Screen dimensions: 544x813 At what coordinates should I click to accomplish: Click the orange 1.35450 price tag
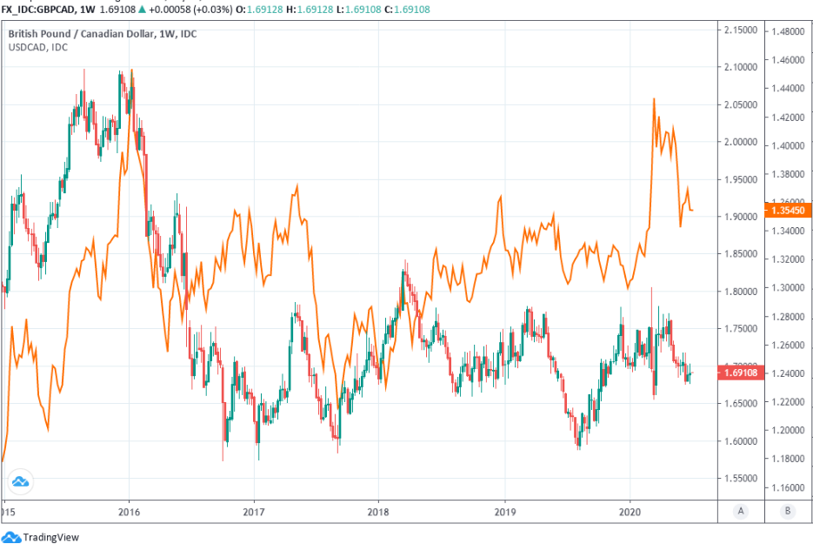(x=784, y=211)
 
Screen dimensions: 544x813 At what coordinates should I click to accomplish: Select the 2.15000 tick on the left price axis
(x=742, y=30)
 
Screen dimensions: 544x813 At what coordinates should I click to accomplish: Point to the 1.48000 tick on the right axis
(x=785, y=30)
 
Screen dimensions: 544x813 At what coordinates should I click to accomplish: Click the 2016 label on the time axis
(x=129, y=512)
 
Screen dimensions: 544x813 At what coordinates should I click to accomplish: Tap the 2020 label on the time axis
(x=629, y=512)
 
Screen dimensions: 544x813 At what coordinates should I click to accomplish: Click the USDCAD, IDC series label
(x=38, y=47)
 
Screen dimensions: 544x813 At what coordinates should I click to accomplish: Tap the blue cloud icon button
(x=19, y=481)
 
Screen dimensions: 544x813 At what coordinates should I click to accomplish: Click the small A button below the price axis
(x=741, y=512)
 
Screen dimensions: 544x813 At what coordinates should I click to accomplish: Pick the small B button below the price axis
(x=786, y=512)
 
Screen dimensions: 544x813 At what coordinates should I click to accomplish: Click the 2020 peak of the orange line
(x=654, y=99)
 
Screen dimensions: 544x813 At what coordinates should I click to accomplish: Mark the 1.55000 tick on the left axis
(x=742, y=478)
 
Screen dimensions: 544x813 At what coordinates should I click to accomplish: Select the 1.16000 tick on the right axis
(x=785, y=487)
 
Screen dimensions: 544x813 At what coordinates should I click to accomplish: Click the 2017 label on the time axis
(x=254, y=512)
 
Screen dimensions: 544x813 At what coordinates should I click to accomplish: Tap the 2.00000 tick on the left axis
(x=742, y=142)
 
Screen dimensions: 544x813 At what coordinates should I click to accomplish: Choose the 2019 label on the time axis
(x=504, y=512)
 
